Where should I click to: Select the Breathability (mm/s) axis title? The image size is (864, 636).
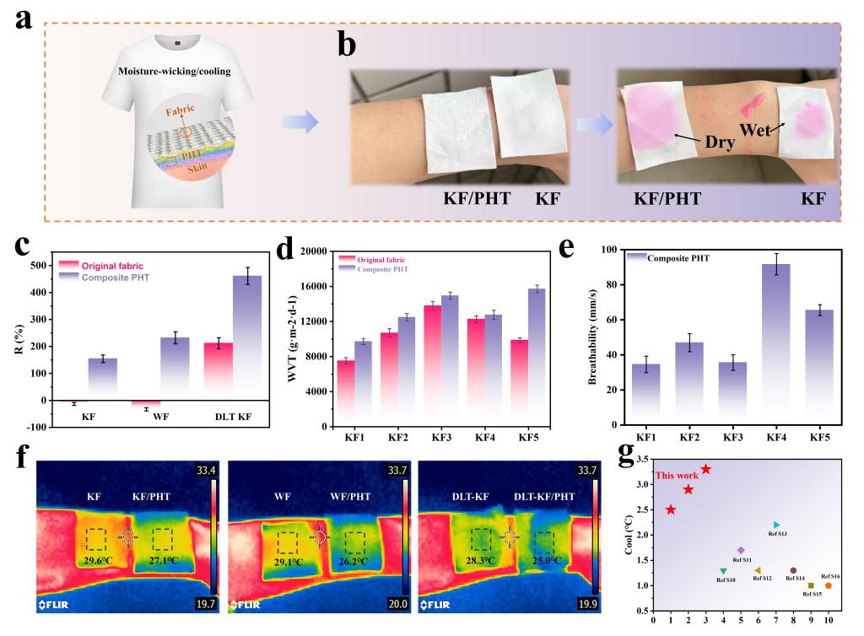click(x=593, y=338)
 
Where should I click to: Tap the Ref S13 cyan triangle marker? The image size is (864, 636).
click(x=777, y=525)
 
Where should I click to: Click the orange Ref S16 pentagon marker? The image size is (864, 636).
click(x=829, y=585)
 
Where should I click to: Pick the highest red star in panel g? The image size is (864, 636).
click(x=706, y=469)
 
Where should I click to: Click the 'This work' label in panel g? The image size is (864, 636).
click(x=678, y=476)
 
